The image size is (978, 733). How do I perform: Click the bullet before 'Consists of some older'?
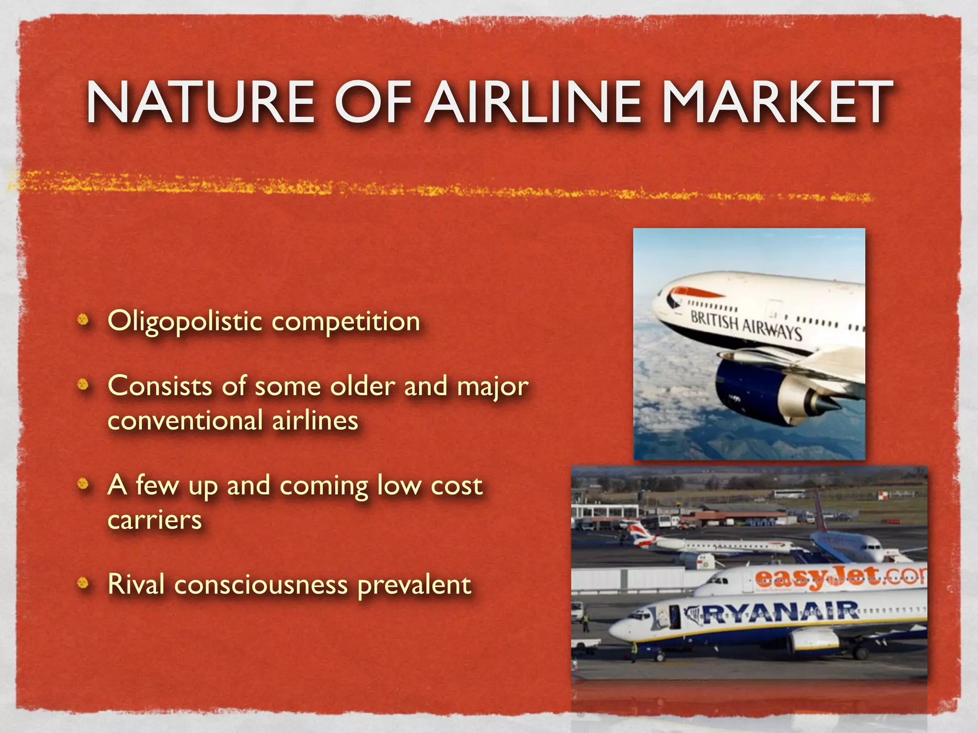point(84,385)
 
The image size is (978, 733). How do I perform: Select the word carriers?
point(155,520)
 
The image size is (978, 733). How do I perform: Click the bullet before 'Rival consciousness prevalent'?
point(84,583)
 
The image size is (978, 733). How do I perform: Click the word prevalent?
point(414,585)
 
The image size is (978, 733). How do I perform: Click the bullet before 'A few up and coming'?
point(84,484)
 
